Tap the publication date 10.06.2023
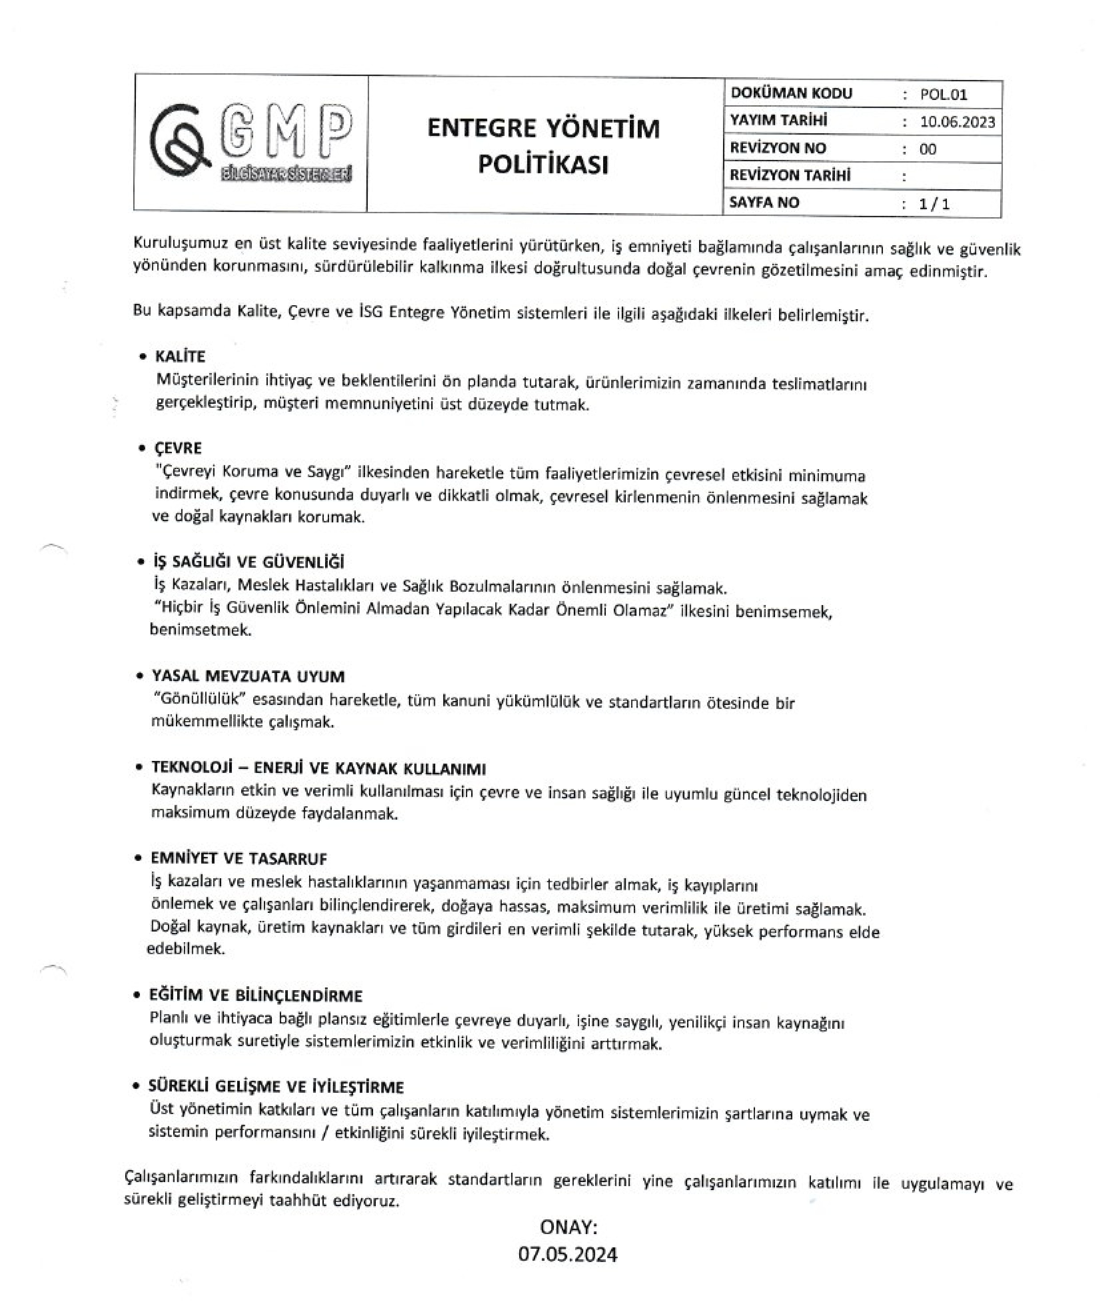pos(957,122)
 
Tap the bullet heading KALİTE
pos(180,356)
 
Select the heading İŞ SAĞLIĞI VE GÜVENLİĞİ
pos(248,562)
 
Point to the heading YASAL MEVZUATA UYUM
pos(248,677)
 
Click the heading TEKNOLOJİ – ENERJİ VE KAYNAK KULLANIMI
pos(318,768)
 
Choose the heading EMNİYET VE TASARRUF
pos(238,859)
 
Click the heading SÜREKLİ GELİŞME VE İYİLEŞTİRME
pos(276,1087)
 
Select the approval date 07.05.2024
pos(568,1254)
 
